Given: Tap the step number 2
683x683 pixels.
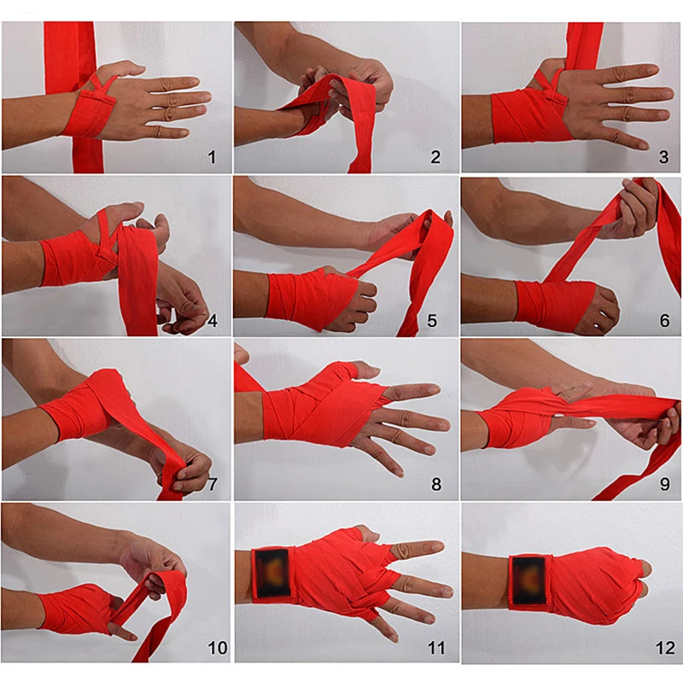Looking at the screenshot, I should coord(435,157).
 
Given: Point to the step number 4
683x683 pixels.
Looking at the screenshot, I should coord(212,322).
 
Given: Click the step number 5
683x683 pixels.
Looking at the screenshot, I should coord(433,322).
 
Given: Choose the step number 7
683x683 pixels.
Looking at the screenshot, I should coord(212,485).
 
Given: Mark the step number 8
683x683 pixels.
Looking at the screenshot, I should coord(435,485).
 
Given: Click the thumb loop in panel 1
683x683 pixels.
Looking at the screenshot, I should coord(102,84).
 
